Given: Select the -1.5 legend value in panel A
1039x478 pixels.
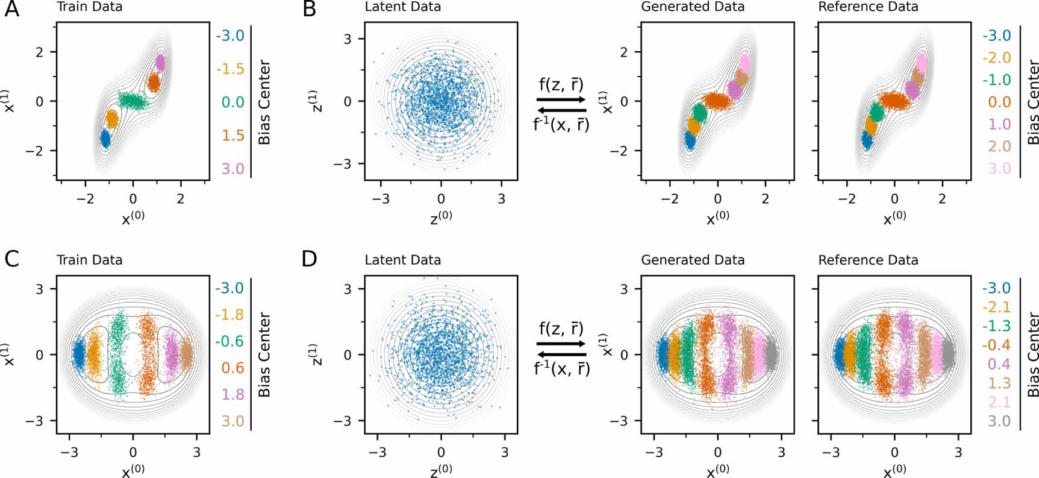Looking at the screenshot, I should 230,69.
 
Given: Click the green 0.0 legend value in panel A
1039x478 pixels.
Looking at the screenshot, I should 232,102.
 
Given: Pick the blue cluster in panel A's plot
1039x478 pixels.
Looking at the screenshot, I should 105,139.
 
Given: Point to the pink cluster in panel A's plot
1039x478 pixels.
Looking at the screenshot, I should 160,62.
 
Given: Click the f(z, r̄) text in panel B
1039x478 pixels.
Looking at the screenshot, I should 561,84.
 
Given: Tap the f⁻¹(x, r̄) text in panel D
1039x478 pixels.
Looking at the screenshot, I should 561,368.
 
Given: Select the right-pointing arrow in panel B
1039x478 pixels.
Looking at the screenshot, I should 561,99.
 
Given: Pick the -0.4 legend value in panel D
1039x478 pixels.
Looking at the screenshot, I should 996,345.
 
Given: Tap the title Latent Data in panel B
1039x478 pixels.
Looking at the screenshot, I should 402,7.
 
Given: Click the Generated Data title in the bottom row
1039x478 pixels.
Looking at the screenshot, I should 692,260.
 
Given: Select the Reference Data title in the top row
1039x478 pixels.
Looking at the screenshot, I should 867,7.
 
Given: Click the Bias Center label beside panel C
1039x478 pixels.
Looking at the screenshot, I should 264,354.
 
